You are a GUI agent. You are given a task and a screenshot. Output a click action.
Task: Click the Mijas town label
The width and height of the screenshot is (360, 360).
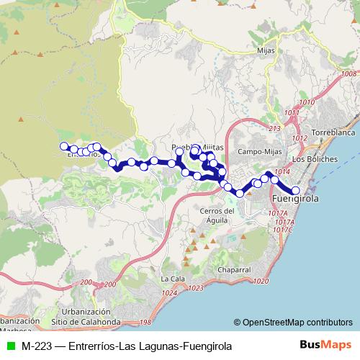266,51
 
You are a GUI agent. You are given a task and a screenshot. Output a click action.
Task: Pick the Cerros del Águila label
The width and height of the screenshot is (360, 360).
217,215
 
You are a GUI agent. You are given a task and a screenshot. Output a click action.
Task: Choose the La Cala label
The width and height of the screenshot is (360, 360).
171,279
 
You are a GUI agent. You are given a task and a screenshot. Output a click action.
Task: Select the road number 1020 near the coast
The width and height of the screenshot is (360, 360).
261,281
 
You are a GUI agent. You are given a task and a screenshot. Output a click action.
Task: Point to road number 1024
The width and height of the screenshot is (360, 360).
170,292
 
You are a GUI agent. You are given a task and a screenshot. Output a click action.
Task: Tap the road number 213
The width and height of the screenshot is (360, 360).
274,128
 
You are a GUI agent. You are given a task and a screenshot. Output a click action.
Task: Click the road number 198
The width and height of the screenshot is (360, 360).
145,322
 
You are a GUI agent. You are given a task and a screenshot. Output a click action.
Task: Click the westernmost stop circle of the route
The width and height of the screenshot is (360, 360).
64,146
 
